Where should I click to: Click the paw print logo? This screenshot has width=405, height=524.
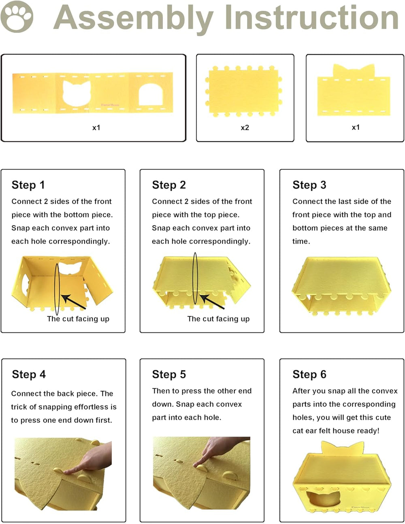tap(17, 17)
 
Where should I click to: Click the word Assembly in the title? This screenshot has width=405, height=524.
tap(134, 19)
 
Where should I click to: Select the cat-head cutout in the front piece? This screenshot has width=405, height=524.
tap(77, 93)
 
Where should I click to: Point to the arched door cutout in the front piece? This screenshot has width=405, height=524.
tap(151, 94)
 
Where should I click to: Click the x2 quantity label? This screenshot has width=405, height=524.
tap(245, 128)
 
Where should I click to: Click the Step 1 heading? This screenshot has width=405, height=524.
tap(28, 185)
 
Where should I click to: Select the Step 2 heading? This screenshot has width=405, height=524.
tap(169, 185)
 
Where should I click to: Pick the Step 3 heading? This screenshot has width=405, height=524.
tap(309, 185)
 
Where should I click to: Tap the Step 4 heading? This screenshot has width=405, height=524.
tap(29, 374)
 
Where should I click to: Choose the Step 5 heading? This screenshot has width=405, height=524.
tap(169, 374)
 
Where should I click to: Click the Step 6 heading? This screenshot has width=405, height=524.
tap(309, 374)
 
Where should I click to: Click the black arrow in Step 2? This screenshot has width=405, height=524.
tap(212, 301)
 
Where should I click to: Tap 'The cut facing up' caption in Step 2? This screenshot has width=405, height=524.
tap(218, 319)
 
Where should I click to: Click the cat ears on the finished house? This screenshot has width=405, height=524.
tap(342, 448)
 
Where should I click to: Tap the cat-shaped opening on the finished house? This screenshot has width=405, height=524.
tap(323, 494)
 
